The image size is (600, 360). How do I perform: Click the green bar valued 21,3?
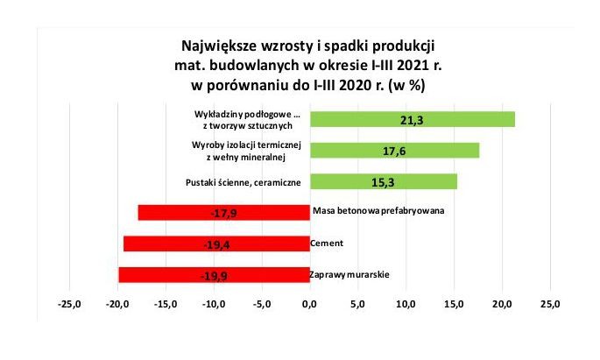click(x=413, y=119)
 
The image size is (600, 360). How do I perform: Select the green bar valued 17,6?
click(x=394, y=151)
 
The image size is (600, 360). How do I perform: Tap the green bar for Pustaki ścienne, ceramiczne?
click(x=384, y=181)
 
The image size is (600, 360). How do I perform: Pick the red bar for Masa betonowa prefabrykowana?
click(x=224, y=213)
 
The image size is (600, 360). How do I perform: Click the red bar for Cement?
click(x=216, y=244)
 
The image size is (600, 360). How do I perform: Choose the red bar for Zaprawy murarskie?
click(x=215, y=275)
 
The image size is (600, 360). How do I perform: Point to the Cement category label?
click(x=327, y=243)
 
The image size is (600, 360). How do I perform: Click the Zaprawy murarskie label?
click(x=349, y=275)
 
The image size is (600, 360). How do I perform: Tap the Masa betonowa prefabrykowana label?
click(x=378, y=210)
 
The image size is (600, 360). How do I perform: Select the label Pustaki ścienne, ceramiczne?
click(x=244, y=182)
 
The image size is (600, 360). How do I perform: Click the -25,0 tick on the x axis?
click(x=69, y=304)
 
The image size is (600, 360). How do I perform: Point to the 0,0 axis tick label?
click(x=309, y=304)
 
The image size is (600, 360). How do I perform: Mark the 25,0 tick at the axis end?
click(x=550, y=304)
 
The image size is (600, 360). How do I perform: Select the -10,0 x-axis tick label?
click(x=214, y=304)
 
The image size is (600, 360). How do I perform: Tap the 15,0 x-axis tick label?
click(x=454, y=304)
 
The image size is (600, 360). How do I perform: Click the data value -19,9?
click(x=214, y=275)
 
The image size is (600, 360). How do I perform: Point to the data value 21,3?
click(x=413, y=120)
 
